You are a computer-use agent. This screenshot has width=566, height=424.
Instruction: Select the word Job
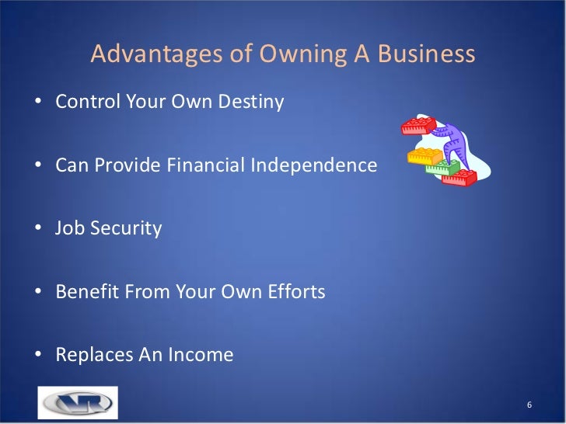68,229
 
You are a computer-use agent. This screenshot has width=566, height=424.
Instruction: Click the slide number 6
529,406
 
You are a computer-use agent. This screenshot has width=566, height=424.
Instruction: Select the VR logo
77,403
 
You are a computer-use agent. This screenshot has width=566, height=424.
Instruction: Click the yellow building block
425,157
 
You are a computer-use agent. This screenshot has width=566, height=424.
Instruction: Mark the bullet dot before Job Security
39,230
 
